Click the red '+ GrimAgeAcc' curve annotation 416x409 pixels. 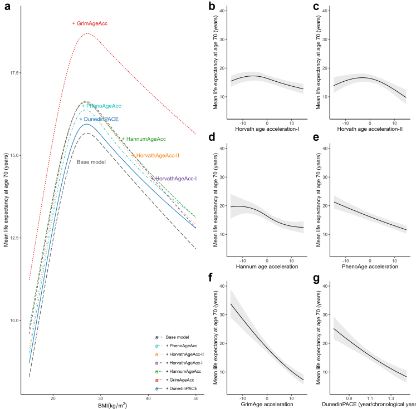(x=90, y=23)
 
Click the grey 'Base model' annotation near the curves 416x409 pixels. (x=91, y=162)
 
